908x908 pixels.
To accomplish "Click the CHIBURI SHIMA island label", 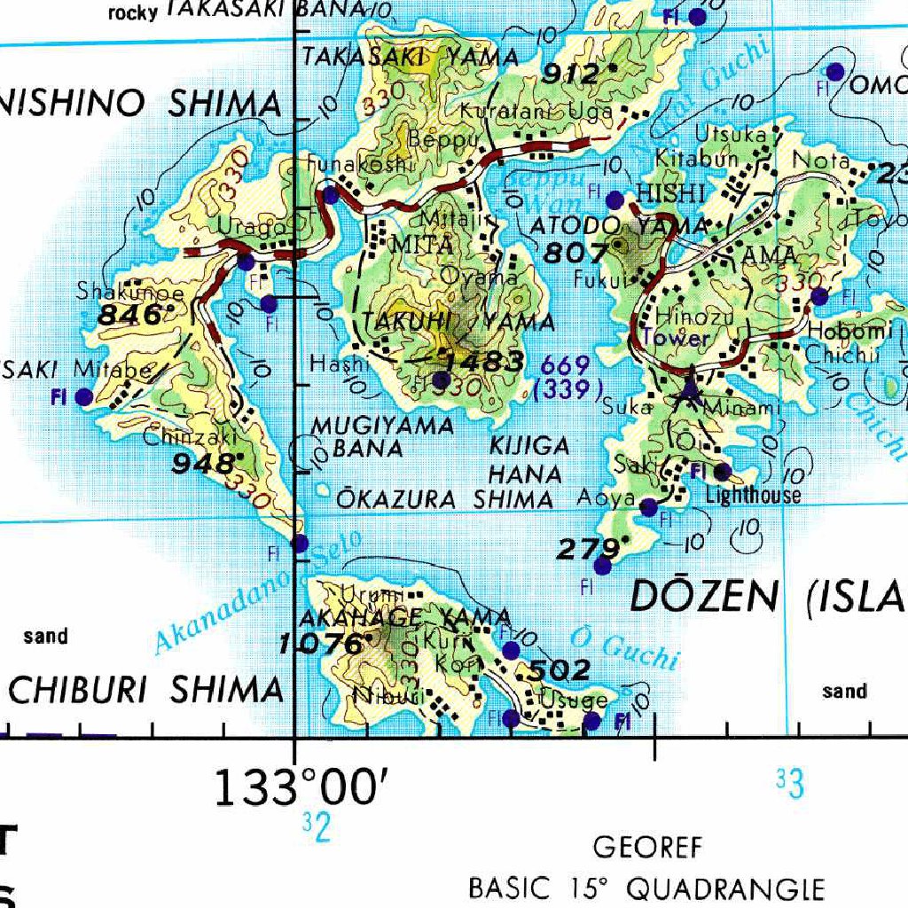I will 145,690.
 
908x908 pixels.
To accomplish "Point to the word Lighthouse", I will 753,496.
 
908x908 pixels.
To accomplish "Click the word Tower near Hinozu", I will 677,338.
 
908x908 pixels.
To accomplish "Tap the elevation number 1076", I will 320,644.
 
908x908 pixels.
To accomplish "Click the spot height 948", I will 206,464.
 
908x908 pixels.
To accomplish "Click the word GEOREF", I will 647,848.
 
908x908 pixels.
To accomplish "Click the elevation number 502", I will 560,670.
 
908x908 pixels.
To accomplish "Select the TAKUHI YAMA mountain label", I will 458,323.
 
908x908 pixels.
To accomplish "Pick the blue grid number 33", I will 789,784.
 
